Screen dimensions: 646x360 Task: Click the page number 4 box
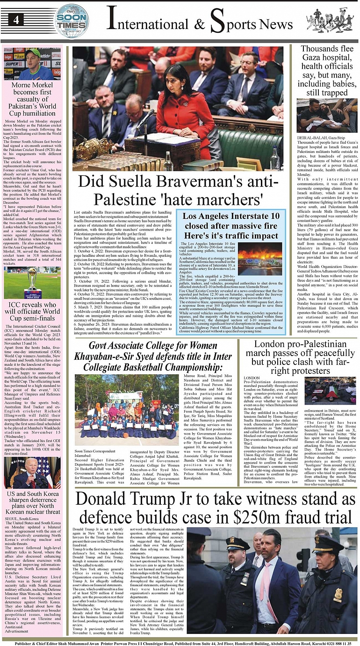coord(16,19)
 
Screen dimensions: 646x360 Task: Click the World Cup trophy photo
coord(32,283)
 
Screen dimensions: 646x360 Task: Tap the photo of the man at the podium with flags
coord(32,472)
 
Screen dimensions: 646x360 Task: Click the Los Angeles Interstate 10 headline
coord(231,221)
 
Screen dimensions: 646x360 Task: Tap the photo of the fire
coord(260,258)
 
